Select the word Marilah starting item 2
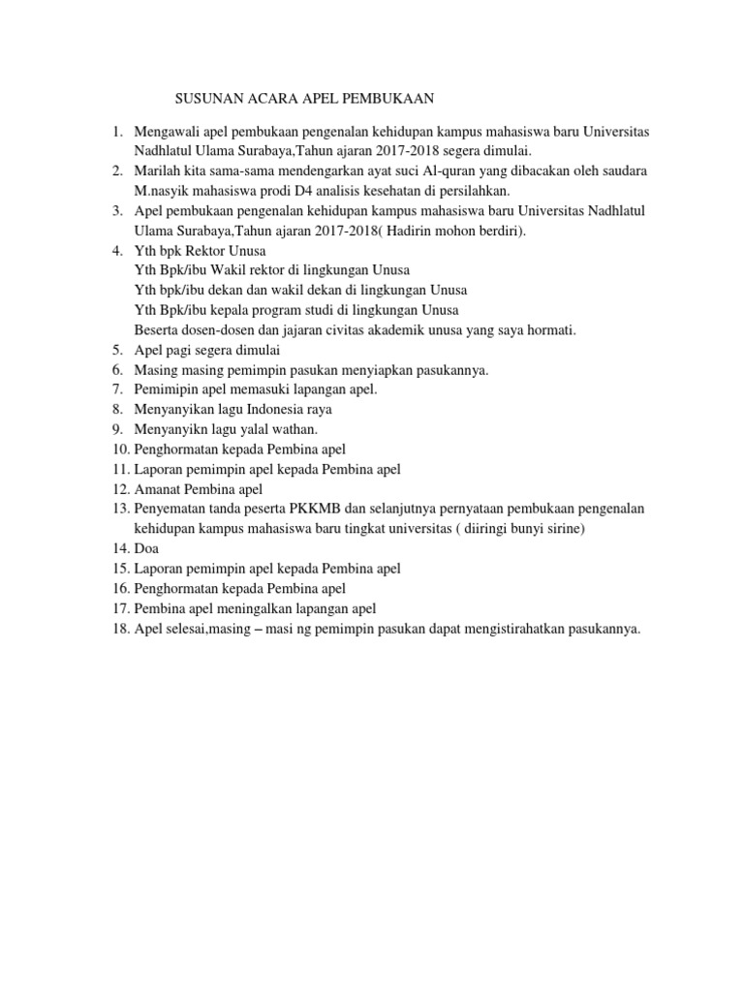tap(157, 170)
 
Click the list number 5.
tap(116, 350)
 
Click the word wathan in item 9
tap(293, 429)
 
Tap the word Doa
tap(147, 548)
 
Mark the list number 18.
tap(119, 629)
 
